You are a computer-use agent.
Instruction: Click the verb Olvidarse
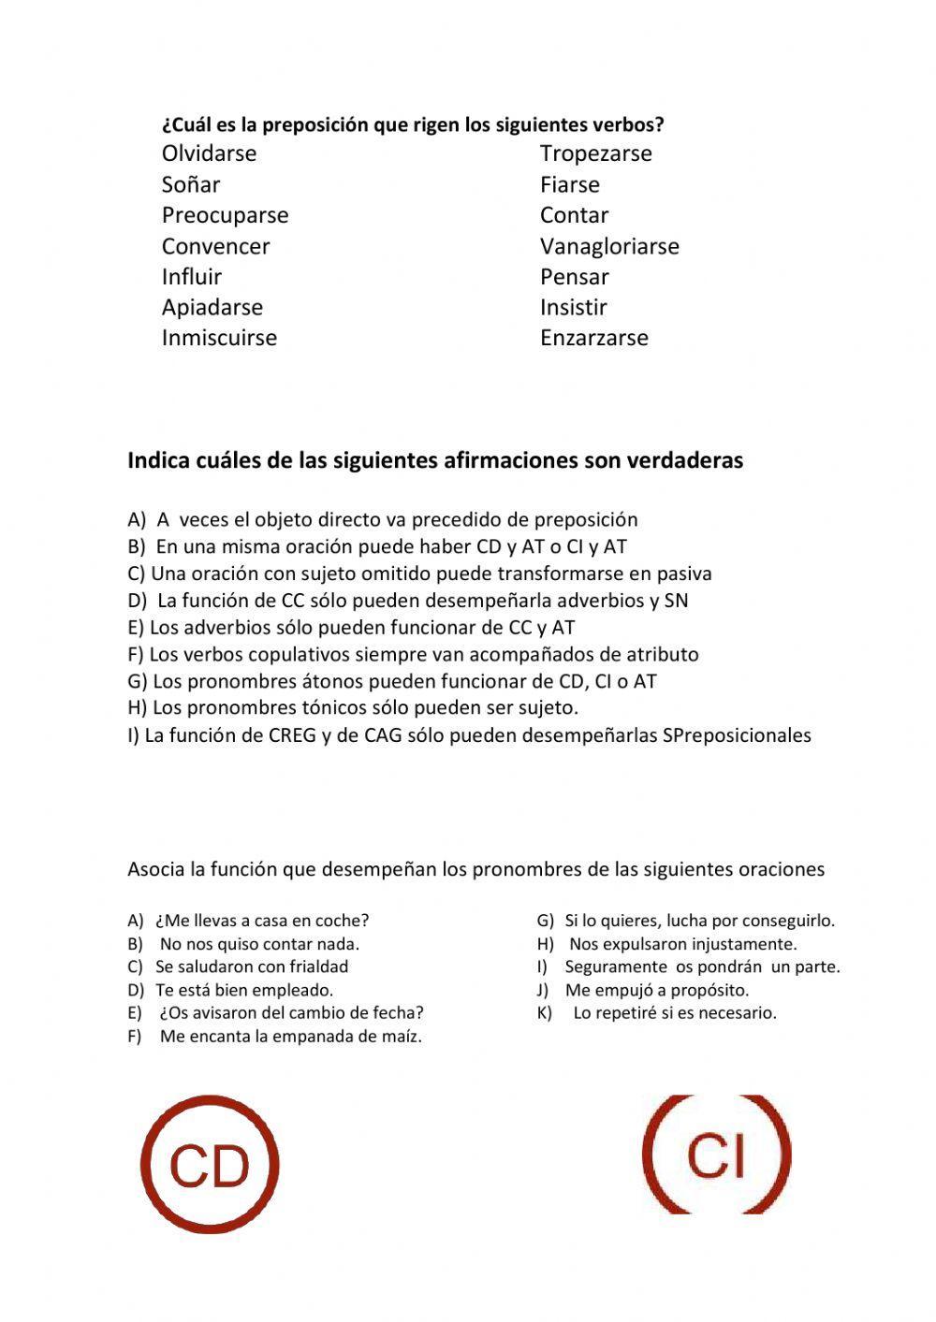(x=209, y=153)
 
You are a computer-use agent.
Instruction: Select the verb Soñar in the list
(x=191, y=184)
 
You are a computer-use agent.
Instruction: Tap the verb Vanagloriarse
(x=609, y=246)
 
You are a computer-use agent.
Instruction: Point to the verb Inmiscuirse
(x=219, y=338)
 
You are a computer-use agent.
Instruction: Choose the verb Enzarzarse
(x=593, y=338)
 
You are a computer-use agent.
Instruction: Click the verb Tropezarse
(x=595, y=153)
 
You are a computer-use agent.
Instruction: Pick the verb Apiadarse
(x=212, y=307)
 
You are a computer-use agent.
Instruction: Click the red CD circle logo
(x=210, y=1165)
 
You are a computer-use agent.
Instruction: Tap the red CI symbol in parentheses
(x=717, y=1155)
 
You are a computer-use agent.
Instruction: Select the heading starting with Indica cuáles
(x=435, y=460)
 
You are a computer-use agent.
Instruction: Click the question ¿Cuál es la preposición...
(x=413, y=124)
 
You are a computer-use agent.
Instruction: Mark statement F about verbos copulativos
(x=413, y=654)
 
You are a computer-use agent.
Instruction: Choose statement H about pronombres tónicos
(x=353, y=707)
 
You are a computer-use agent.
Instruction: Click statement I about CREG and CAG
(x=469, y=735)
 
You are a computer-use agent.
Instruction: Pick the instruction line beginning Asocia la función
(x=475, y=869)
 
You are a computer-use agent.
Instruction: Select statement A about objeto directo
(x=383, y=519)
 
